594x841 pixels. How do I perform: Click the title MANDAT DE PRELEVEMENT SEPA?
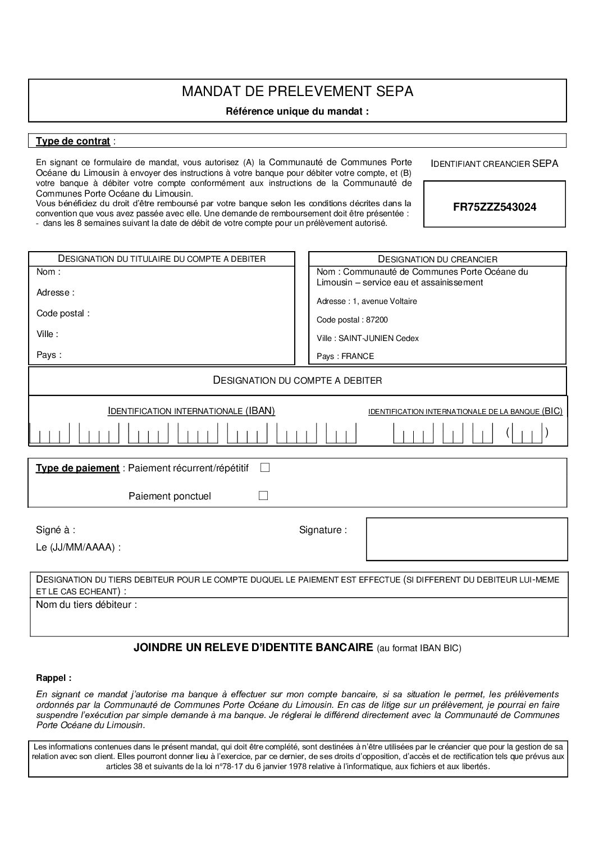coord(297,92)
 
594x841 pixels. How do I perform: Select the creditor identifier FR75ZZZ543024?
coord(494,207)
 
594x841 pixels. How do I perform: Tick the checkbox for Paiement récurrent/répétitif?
coord(265,467)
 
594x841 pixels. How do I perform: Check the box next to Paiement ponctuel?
coord(263,495)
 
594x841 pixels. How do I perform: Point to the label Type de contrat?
coord(72,141)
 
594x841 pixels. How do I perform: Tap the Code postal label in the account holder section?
coord(62,313)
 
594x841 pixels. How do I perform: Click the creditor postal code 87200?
coord(377,320)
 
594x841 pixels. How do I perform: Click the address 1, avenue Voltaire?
coord(385,301)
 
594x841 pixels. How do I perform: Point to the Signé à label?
coord(56,530)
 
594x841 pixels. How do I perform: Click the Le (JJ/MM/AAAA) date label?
coord(78,547)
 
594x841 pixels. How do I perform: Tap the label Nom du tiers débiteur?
coord(86,605)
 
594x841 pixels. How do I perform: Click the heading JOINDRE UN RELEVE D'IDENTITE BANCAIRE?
coord(253,648)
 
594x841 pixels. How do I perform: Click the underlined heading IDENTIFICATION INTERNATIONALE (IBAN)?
coord(191,411)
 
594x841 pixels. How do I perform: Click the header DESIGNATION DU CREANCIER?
coord(437,259)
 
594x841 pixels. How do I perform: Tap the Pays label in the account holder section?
coord(48,355)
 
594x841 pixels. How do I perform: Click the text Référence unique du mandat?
coord(297,111)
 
